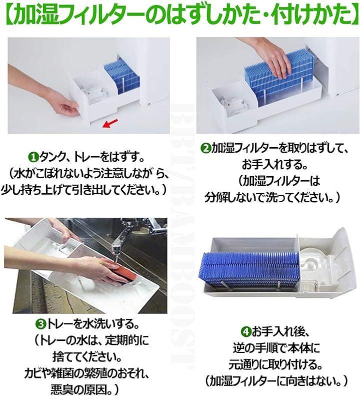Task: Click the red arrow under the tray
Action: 110,123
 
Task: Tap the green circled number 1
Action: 33,158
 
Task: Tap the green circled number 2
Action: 206,148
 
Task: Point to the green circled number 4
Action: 245,331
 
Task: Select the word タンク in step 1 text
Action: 51,158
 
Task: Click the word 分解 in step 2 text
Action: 215,197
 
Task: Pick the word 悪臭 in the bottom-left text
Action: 61,389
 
